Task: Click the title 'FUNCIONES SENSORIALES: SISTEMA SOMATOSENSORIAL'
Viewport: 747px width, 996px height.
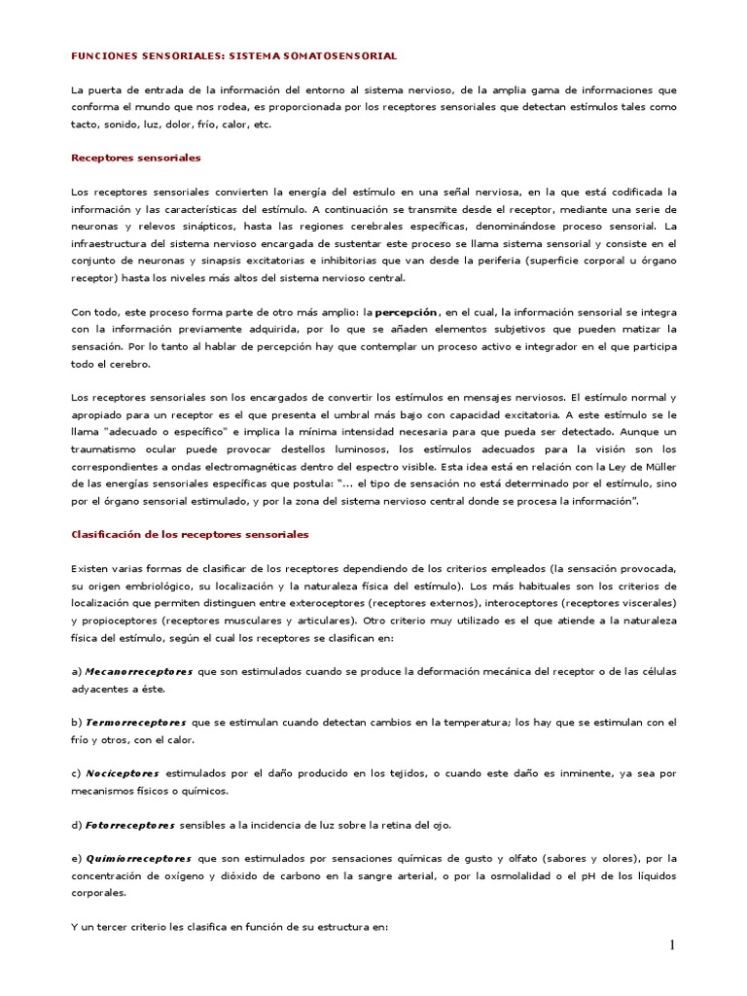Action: coord(234,57)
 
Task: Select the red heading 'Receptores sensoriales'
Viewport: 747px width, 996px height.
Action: coord(136,157)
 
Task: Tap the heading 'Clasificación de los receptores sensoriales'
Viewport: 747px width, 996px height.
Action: coord(191,534)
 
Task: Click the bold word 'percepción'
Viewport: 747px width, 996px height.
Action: coord(406,312)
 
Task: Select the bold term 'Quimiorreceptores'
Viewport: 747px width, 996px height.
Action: coord(137,859)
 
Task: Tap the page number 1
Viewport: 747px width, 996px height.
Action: coord(671,945)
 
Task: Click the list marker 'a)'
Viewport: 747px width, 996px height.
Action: coord(77,672)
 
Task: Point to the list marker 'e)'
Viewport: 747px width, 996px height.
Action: coord(77,859)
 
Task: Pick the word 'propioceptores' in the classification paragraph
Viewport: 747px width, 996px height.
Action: coord(117,620)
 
